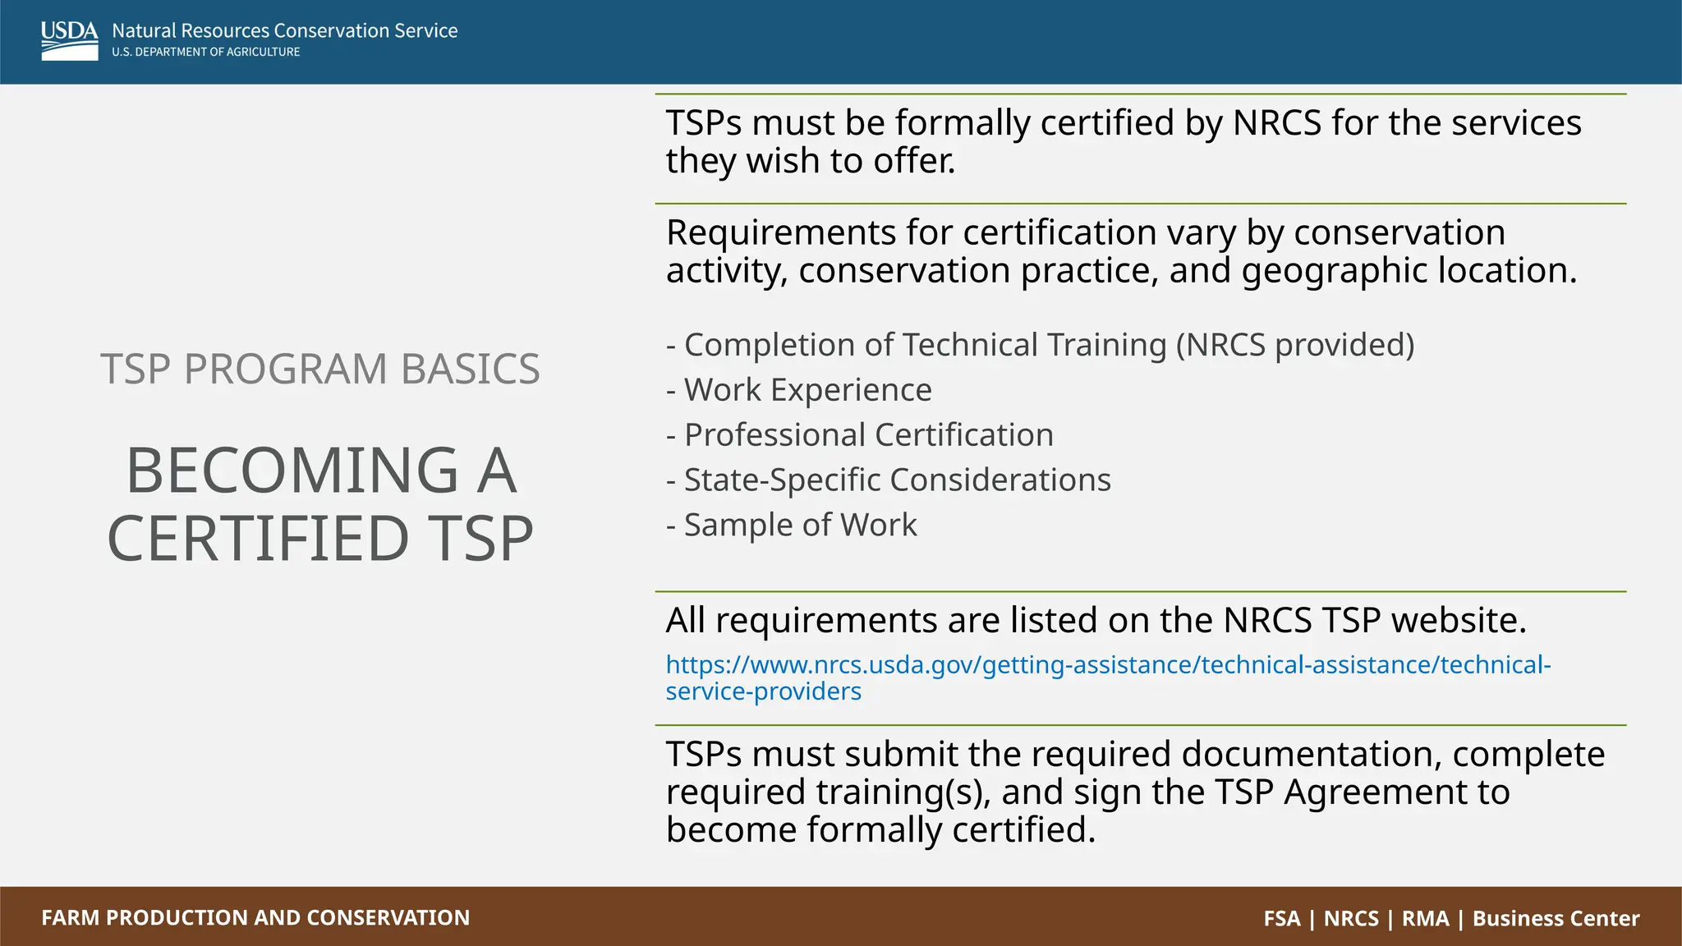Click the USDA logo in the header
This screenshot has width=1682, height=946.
tap(69, 40)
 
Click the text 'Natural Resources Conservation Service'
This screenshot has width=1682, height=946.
tap(284, 30)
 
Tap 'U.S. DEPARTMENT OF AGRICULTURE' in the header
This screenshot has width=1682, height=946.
tap(205, 52)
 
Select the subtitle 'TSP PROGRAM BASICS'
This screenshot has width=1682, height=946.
tap(320, 369)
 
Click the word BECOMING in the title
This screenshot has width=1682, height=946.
tap(292, 471)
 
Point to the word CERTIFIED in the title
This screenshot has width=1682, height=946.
tap(258, 539)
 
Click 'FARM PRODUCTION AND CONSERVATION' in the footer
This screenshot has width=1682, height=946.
tap(255, 917)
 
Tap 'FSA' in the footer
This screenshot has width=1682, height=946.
tap(1282, 918)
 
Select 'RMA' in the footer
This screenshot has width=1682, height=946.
tap(1425, 918)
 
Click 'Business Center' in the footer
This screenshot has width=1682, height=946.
tap(1556, 918)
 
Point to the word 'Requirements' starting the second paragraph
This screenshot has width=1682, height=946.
tap(781, 233)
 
